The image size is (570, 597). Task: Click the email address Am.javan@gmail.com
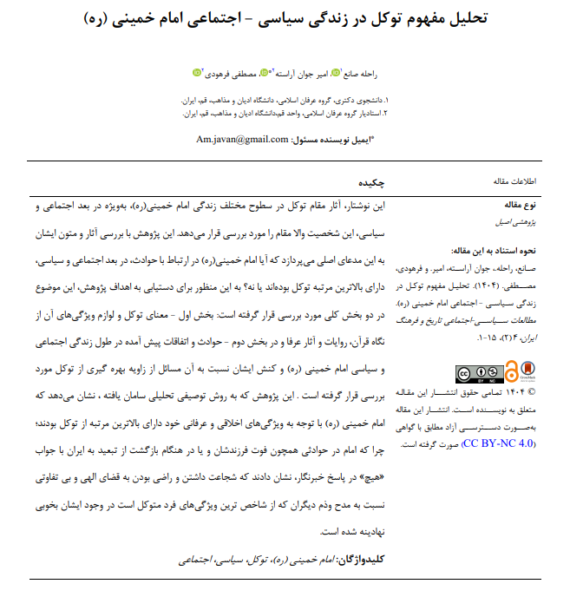tap(243, 139)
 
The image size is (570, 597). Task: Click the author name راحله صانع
tap(349, 74)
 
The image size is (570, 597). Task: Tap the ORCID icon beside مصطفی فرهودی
tap(197, 74)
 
